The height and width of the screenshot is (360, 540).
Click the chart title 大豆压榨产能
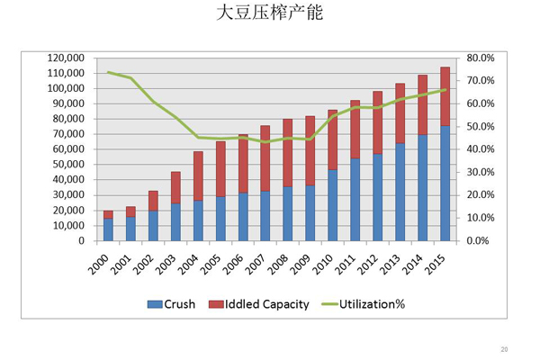pyautogui.click(x=269, y=15)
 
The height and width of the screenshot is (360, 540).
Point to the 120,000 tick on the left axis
pyautogui.click(x=65, y=58)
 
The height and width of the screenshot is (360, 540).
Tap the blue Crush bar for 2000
pyautogui.click(x=108, y=230)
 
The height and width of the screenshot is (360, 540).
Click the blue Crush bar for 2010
pyautogui.click(x=332, y=205)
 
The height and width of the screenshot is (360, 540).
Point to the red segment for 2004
pyautogui.click(x=198, y=176)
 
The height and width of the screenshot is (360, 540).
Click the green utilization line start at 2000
pyautogui.click(x=108, y=72)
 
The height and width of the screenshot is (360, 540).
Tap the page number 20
pyautogui.click(x=504, y=348)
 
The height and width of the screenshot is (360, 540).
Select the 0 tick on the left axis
pyautogui.click(x=80, y=241)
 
